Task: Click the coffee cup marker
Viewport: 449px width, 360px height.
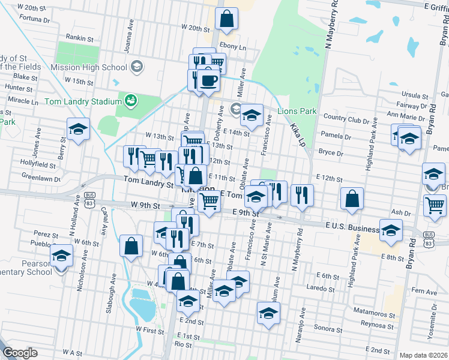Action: click(209, 80)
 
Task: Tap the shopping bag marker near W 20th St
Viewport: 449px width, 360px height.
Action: click(227, 19)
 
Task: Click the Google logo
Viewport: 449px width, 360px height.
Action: click(20, 353)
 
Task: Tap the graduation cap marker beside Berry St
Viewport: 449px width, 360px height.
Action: click(78, 129)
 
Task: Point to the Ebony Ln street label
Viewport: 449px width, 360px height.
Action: click(233, 47)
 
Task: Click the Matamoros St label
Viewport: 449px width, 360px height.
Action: click(373, 313)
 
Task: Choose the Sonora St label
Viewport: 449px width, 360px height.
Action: click(328, 328)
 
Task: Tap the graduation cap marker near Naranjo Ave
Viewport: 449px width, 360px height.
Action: click(268, 313)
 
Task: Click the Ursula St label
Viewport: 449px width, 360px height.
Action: click(415, 95)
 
